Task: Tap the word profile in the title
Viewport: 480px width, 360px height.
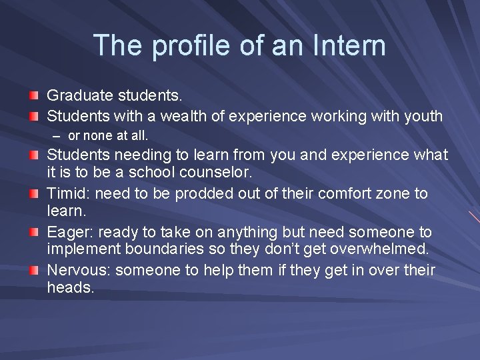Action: click(x=183, y=46)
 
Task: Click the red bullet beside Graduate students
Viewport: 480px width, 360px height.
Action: click(x=33, y=97)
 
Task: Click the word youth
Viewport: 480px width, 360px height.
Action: click(x=423, y=116)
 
